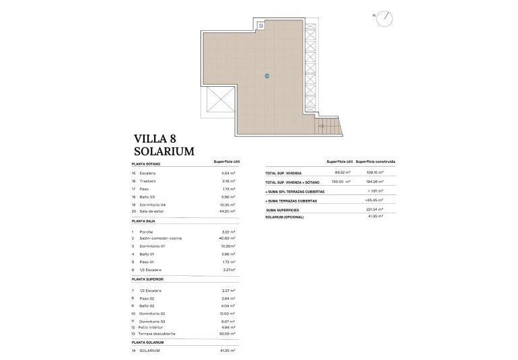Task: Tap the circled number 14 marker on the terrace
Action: click(267, 75)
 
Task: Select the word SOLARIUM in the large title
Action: click(164, 152)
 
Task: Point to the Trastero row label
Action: click(149, 181)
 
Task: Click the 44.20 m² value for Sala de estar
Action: click(228, 211)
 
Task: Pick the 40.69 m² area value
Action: click(228, 238)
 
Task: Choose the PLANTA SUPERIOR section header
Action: click(147, 279)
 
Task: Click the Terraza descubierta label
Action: click(158, 333)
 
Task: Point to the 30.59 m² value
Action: click(228, 333)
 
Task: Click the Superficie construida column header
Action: click(375, 162)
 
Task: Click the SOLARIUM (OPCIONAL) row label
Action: click(285, 217)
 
